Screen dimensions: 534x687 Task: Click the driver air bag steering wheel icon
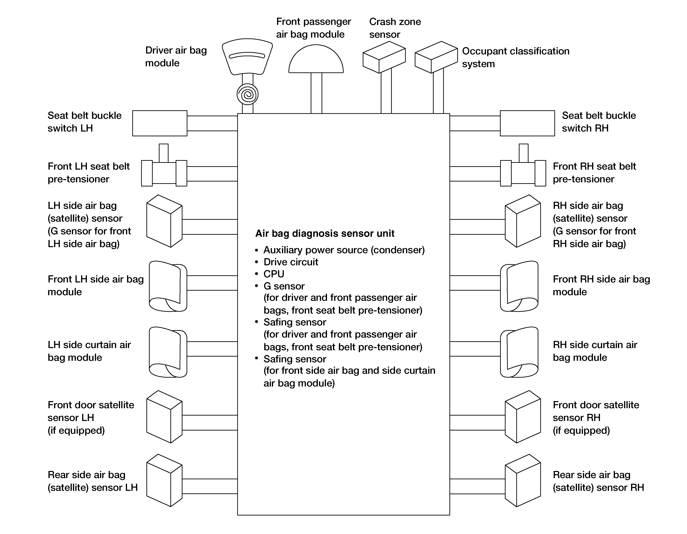point(247,57)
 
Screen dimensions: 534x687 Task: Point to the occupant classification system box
point(436,57)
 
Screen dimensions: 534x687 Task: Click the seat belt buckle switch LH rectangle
point(160,123)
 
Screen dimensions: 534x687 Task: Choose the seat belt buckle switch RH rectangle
point(527,123)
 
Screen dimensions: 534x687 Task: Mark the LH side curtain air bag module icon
point(168,352)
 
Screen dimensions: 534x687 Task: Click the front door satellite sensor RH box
point(523,417)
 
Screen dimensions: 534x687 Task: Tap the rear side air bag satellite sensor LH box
point(164,480)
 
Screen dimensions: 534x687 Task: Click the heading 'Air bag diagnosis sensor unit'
point(325,234)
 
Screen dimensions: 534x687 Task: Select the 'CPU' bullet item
point(274,274)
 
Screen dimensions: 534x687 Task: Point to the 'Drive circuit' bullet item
point(291,262)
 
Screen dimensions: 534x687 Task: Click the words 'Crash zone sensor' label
point(395,28)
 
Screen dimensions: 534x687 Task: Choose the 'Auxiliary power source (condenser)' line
point(344,250)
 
